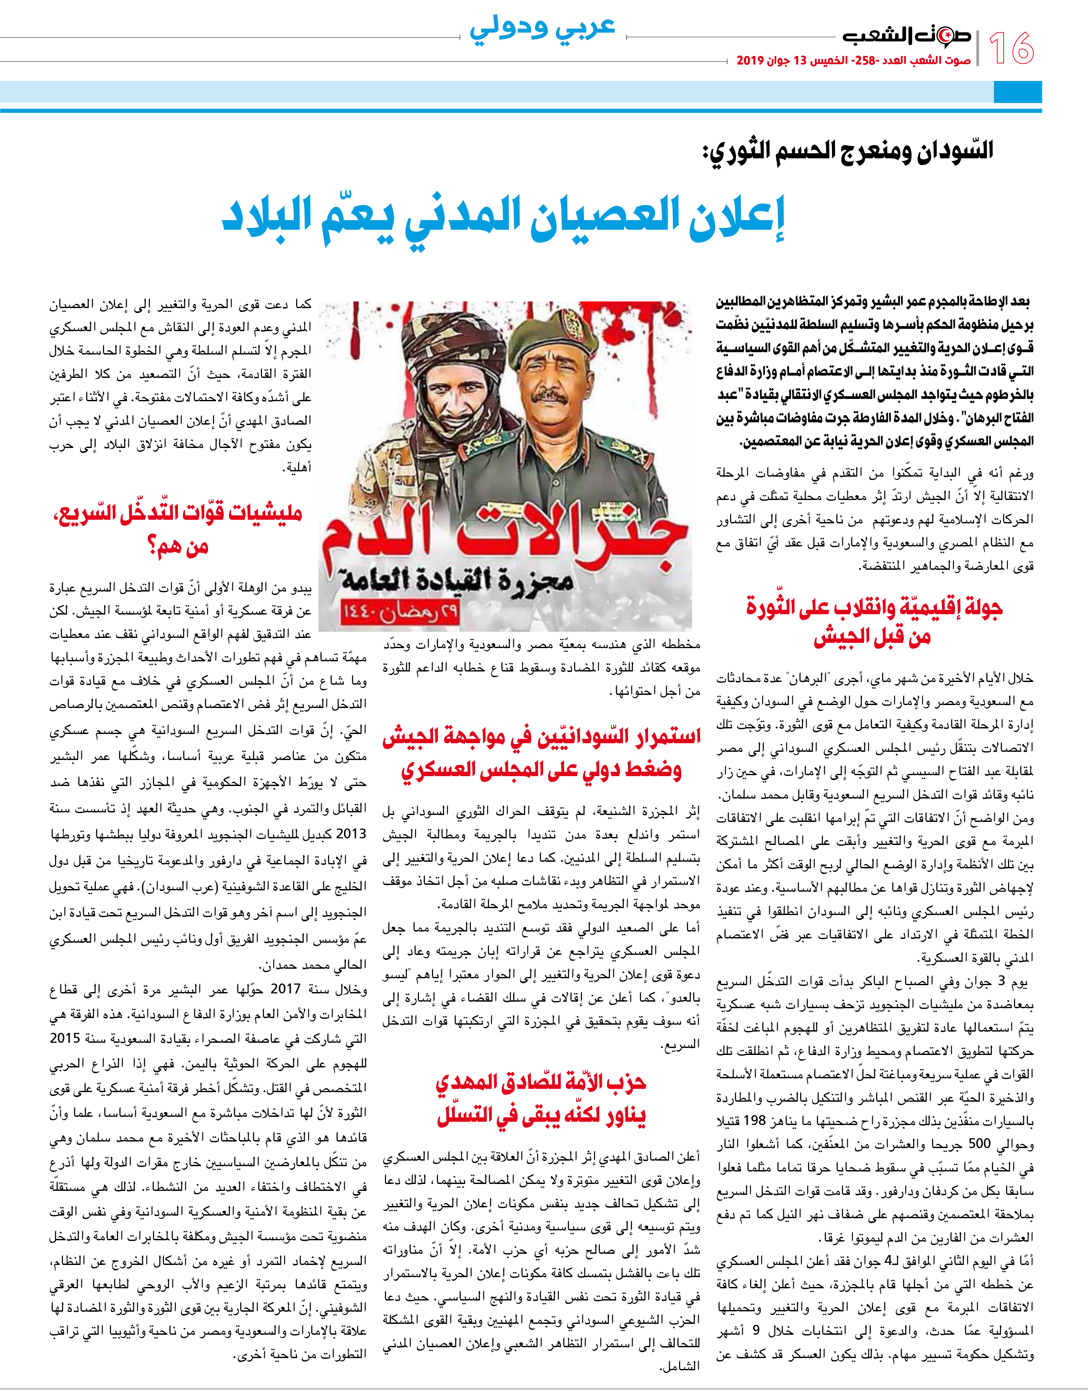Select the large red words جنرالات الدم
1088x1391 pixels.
(x=506, y=535)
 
